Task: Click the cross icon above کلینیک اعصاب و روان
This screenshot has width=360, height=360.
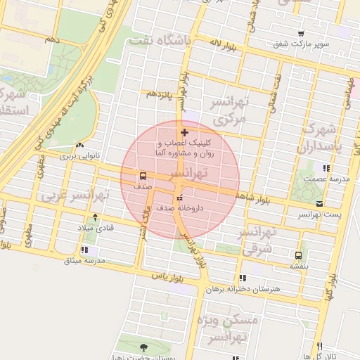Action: pos(184,131)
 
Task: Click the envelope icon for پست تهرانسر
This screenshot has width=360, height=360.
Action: pos(321,203)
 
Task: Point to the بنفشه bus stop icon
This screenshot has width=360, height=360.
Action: pos(299,255)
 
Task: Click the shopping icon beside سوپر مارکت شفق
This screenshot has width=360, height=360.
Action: pos(301,33)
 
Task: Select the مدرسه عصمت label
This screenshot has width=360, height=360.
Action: pos(326,179)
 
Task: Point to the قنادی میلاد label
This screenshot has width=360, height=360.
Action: pos(96,229)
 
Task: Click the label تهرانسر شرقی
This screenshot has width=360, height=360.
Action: pos(257,241)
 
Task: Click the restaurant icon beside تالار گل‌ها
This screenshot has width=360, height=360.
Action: pos(320,346)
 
